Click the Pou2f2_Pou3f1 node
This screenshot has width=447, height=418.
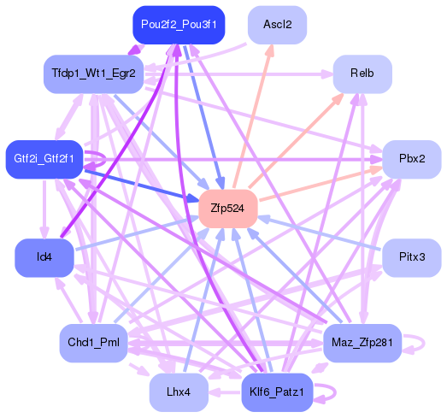click(x=179, y=25)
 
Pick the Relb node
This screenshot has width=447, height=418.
click(x=362, y=74)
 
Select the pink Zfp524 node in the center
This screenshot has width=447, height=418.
click(x=227, y=208)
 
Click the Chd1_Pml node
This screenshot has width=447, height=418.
click(x=92, y=344)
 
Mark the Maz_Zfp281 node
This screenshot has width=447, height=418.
click(x=362, y=344)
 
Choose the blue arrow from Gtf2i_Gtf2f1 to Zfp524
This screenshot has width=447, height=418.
click(x=137, y=183)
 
